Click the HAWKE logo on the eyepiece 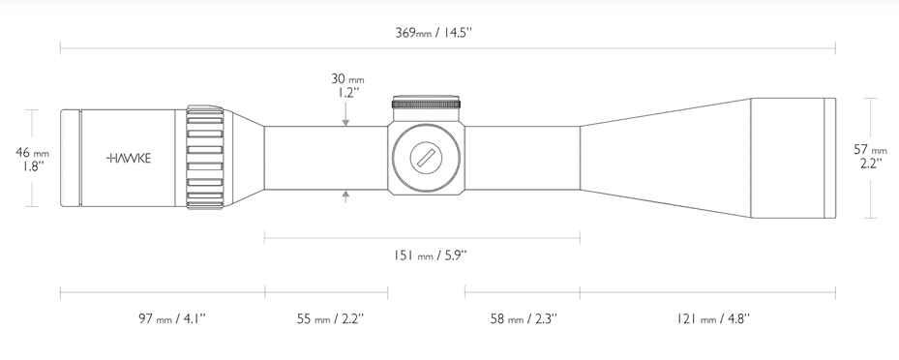(129, 158)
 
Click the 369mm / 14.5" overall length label (434, 32)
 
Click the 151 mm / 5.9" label (431, 255)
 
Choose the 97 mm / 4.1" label (171, 318)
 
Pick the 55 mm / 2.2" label (330, 318)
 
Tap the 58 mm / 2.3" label (524, 318)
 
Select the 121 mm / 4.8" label (712, 318)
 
